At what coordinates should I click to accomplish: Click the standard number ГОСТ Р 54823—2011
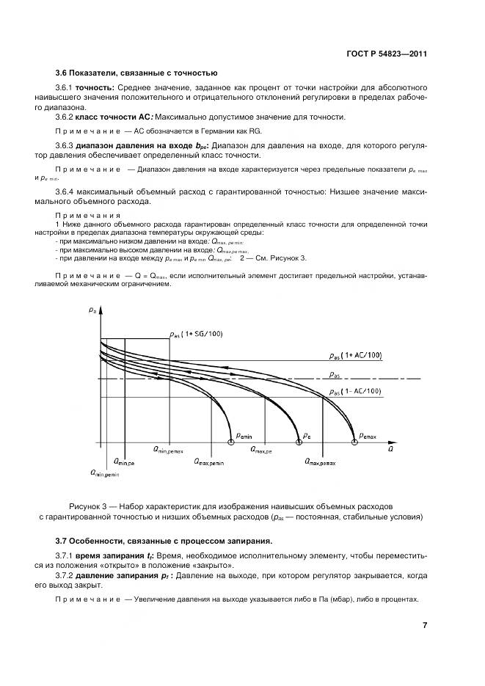click(x=387, y=54)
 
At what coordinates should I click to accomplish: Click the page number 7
click(x=425, y=625)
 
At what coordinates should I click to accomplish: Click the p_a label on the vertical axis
click(x=92, y=312)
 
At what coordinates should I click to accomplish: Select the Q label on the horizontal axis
click(x=390, y=448)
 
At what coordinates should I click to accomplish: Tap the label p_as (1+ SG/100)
click(x=196, y=335)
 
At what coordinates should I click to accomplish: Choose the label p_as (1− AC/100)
click(x=355, y=392)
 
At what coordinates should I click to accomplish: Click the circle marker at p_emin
click(x=232, y=442)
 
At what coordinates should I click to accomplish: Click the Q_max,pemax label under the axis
click(x=320, y=462)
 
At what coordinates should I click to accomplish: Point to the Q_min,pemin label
click(x=104, y=474)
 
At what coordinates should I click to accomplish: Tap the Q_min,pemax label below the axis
click(x=168, y=449)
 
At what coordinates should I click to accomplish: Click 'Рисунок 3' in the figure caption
click(x=89, y=506)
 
